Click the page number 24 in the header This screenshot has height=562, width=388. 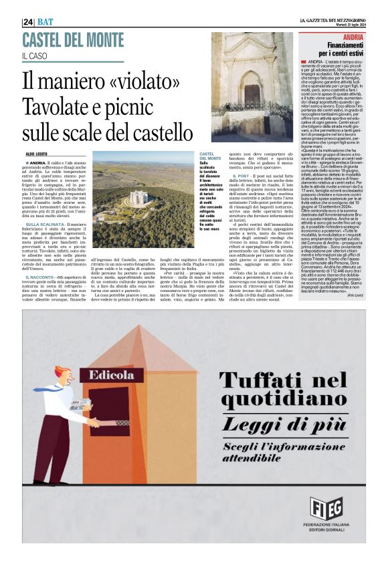coord(29,21)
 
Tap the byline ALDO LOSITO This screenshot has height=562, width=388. coord(36,154)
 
